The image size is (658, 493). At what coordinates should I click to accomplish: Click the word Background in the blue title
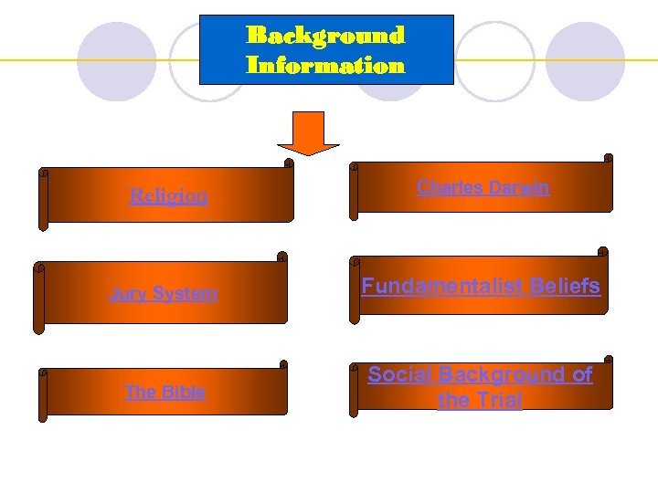pos(325,36)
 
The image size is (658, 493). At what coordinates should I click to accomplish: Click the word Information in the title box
pos(325,66)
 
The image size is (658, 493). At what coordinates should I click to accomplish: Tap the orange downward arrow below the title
pos(308,133)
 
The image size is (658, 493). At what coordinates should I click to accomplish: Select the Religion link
pos(168,195)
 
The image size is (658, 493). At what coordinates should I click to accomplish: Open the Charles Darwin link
pos(483,188)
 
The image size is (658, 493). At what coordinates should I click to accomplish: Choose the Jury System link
pos(164,294)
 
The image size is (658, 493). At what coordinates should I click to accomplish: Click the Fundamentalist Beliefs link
pos(481,286)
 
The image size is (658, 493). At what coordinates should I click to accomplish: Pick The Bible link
pos(164,393)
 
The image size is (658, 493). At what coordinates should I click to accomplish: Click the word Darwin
pos(518,188)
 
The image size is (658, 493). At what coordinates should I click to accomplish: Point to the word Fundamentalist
pos(441,286)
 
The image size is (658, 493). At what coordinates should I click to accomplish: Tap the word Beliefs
pos(563,286)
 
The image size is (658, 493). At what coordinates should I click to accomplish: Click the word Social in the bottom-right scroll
pos(399,374)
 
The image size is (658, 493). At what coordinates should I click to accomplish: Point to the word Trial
pos(494,400)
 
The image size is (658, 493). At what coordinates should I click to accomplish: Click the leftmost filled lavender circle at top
pos(116,62)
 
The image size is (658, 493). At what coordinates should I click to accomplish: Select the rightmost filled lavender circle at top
pos(585,62)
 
